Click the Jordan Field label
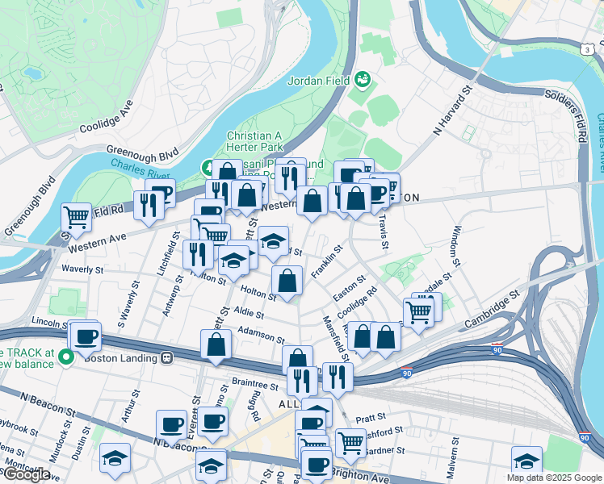pos(318,81)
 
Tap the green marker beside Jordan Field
pos(363,80)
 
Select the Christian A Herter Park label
pos(260,142)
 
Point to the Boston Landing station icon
pos(167,357)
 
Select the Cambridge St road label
pos(492,310)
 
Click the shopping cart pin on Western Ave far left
pos(76,216)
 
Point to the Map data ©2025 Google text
pos(553,478)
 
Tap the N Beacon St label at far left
pos(48,403)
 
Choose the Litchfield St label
pos(170,254)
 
